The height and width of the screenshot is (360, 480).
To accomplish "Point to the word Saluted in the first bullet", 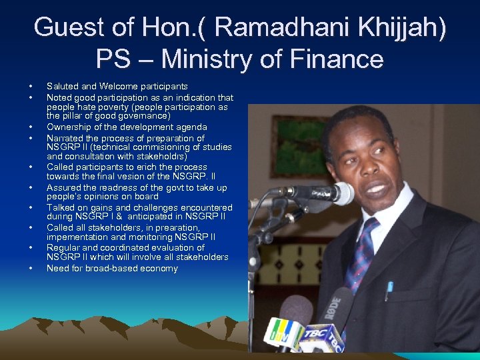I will pyautogui.click(x=61, y=86).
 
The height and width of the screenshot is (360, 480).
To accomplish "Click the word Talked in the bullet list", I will pyautogui.click(x=61, y=208).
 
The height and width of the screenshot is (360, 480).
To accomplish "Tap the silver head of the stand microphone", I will pyautogui.click(x=342, y=193).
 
